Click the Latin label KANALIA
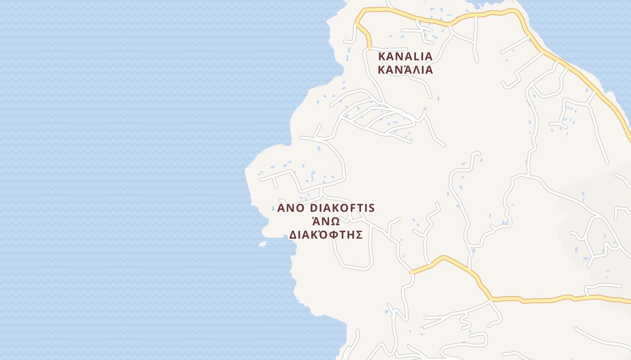point(405,57)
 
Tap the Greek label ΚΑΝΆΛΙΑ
point(405,70)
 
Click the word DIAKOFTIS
point(343,208)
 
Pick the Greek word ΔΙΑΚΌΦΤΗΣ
point(326,235)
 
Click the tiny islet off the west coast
point(262,243)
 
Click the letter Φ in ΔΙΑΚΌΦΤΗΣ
point(331,235)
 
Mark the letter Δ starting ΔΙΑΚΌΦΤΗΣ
point(293,235)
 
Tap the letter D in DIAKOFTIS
point(315,208)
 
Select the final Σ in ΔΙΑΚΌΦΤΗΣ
point(359,235)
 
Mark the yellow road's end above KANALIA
point(370,47)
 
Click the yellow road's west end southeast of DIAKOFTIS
point(412,272)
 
